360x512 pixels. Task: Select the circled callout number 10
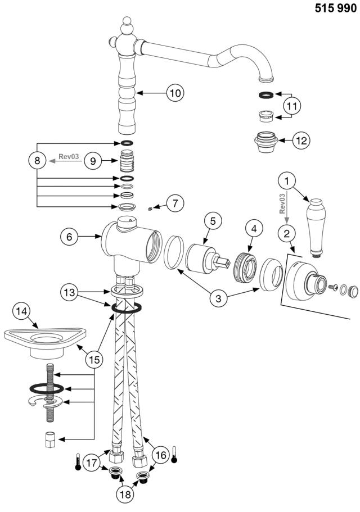click(175, 92)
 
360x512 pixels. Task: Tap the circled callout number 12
click(301, 140)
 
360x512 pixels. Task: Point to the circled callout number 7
click(175, 203)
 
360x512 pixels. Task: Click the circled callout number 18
click(126, 494)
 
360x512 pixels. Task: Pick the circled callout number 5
click(213, 221)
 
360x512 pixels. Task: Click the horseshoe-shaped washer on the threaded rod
click(43, 401)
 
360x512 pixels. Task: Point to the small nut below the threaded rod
click(49, 439)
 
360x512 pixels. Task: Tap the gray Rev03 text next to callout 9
click(69, 157)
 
